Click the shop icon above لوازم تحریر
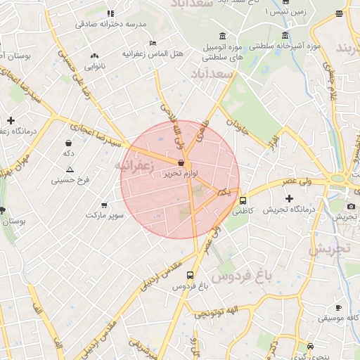pyautogui.click(x=181, y=162)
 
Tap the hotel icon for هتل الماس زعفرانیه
pyautogui.click(x=153, y=43)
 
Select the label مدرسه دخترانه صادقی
pyautogui.click(x=111, y=24)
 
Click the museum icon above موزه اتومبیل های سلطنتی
pyautogui.click(x=223, y=37)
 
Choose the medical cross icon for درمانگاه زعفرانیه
pyautogui.click(x=11, y=120)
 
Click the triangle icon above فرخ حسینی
pyautogui.click(x=69, y=169)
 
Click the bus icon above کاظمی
pyautogui.click(x=243, y=200)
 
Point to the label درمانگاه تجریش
pyautogui.click(x=288, y=210)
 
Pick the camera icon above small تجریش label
pyautogui.click(x=351, y=206)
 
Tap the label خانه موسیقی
pyautogui.click(x=337, y=319)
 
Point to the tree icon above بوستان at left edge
pyautogui.click(x=4, y=210)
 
